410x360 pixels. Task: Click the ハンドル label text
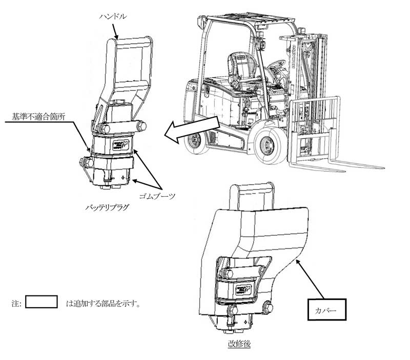(113, 16)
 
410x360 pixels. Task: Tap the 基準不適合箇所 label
(38, 117)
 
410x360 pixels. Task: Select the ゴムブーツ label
(157, 196)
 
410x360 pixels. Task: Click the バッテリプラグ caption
(107, 208)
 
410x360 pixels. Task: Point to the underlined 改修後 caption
(239, 344)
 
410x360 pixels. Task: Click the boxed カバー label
(327, 310)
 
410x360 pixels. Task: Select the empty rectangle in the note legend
(42, 302)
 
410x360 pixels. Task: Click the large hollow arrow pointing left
(192, 130)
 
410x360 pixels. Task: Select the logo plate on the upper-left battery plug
(120, 145)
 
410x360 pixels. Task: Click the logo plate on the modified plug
(243, 290)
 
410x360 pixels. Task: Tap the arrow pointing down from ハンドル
(115, 31)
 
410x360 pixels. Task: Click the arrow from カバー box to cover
(310, 279)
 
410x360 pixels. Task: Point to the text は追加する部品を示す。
(103, 304)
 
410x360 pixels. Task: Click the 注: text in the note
(16, 304)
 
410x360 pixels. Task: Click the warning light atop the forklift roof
(201, 22)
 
